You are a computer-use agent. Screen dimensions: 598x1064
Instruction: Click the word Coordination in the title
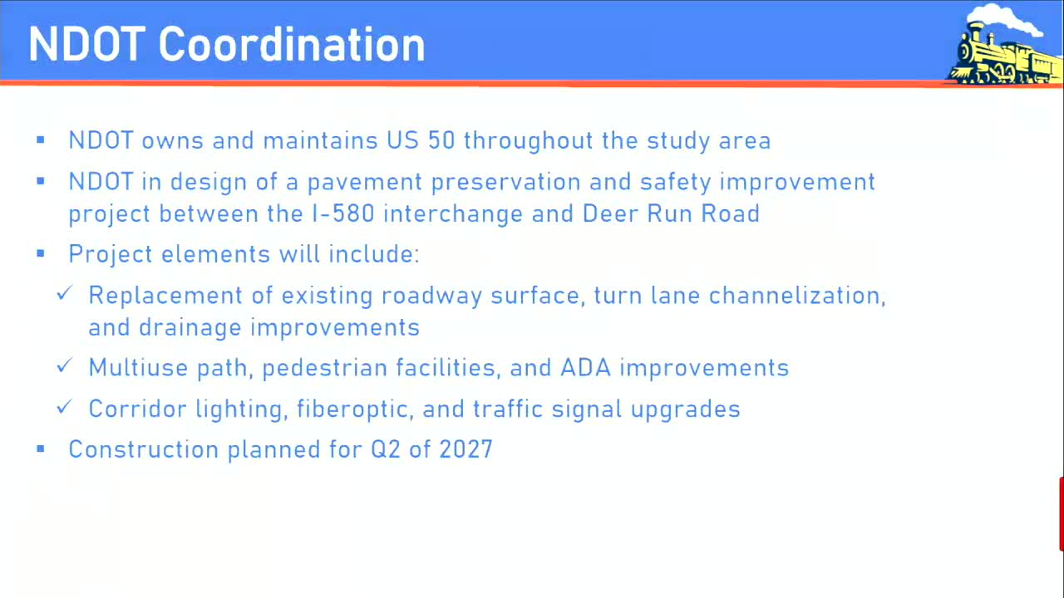pyautogui.click(x=291, y=44)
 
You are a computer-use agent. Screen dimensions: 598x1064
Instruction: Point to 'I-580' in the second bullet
pyautogui.click(x=342, y=213)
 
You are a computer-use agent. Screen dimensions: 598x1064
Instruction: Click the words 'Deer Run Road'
pyautogui.click(x=671, y=213)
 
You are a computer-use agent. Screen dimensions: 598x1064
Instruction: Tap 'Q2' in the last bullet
pyautogui.click(x=386, y=449)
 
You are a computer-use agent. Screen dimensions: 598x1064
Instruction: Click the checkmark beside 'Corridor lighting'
pyautogui.click(x=65, y=407)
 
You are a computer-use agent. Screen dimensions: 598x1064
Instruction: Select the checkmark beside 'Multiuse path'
pyautogui.click(x=65, y=366)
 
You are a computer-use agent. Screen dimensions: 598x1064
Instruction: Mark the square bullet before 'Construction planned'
pyautogui.click(x=41, y=449)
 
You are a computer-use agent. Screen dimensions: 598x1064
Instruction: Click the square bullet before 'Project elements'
pyautogui.click(x=41, y=253)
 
